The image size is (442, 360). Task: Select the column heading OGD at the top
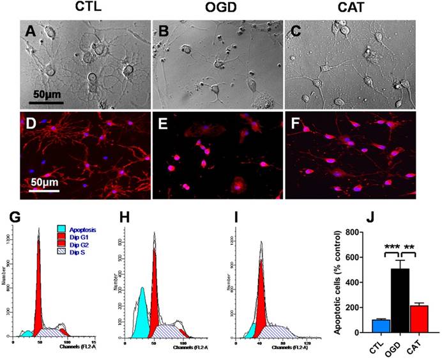coord(213,8)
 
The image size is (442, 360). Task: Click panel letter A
coord(30,31)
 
